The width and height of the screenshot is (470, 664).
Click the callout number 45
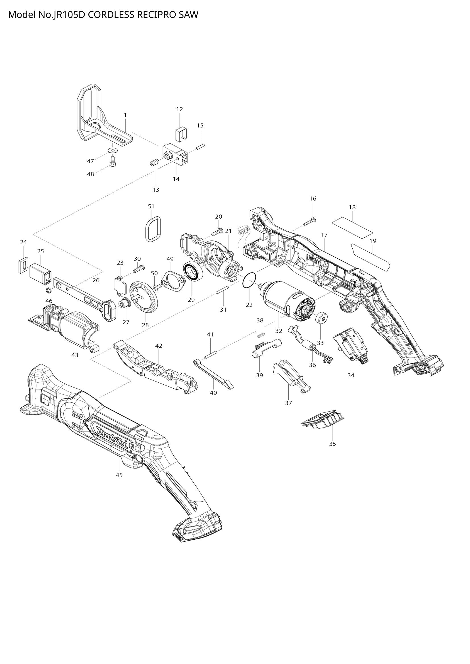pyautogui.click(x=119, y=475)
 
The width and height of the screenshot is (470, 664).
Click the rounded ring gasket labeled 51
pyautogui.click(x=153, y=229)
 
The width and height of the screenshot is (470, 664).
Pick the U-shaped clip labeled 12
pyautogui.click(x=181, y=133)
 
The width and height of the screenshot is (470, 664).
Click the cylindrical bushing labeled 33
pyautogui.click(x=321, y=319)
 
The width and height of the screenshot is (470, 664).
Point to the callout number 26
pyautogui.click(x=96, y=280)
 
